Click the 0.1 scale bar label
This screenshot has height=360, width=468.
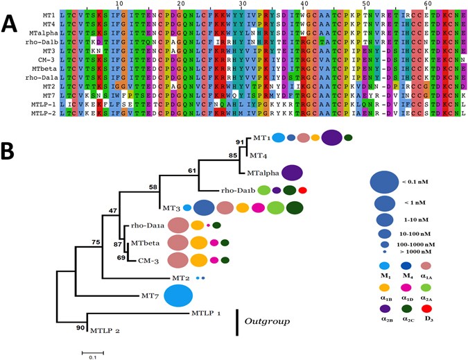coord(92,357)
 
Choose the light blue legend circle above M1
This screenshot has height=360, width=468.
coord(381,266)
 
